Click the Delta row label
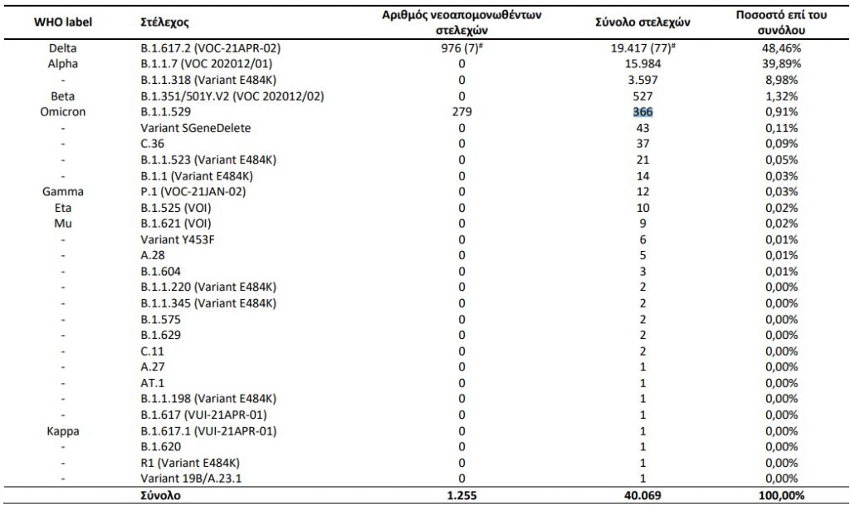click(63, 48)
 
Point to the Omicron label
click(63, 112)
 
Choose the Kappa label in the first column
click(63, 430)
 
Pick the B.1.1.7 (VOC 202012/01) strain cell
click(207, 64)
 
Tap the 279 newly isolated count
click(462, 112)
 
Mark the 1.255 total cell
click(462, 495)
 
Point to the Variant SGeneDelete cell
click(196, 128)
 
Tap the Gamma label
click(63, 192)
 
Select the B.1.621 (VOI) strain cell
click(176, 224)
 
